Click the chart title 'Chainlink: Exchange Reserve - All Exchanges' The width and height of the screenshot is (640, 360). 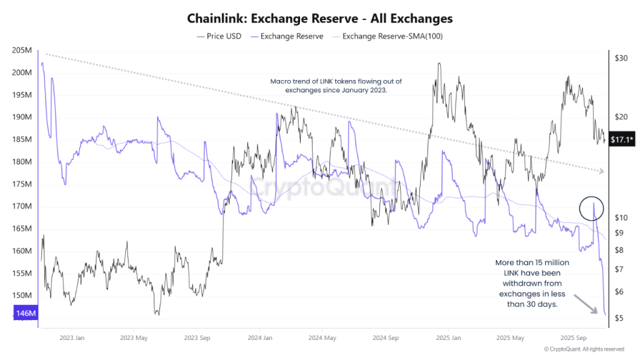320,19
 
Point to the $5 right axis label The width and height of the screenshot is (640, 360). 618,319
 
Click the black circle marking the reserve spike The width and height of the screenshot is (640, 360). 591,206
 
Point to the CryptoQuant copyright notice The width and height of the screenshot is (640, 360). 584,349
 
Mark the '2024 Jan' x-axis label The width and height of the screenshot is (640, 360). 258,338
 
